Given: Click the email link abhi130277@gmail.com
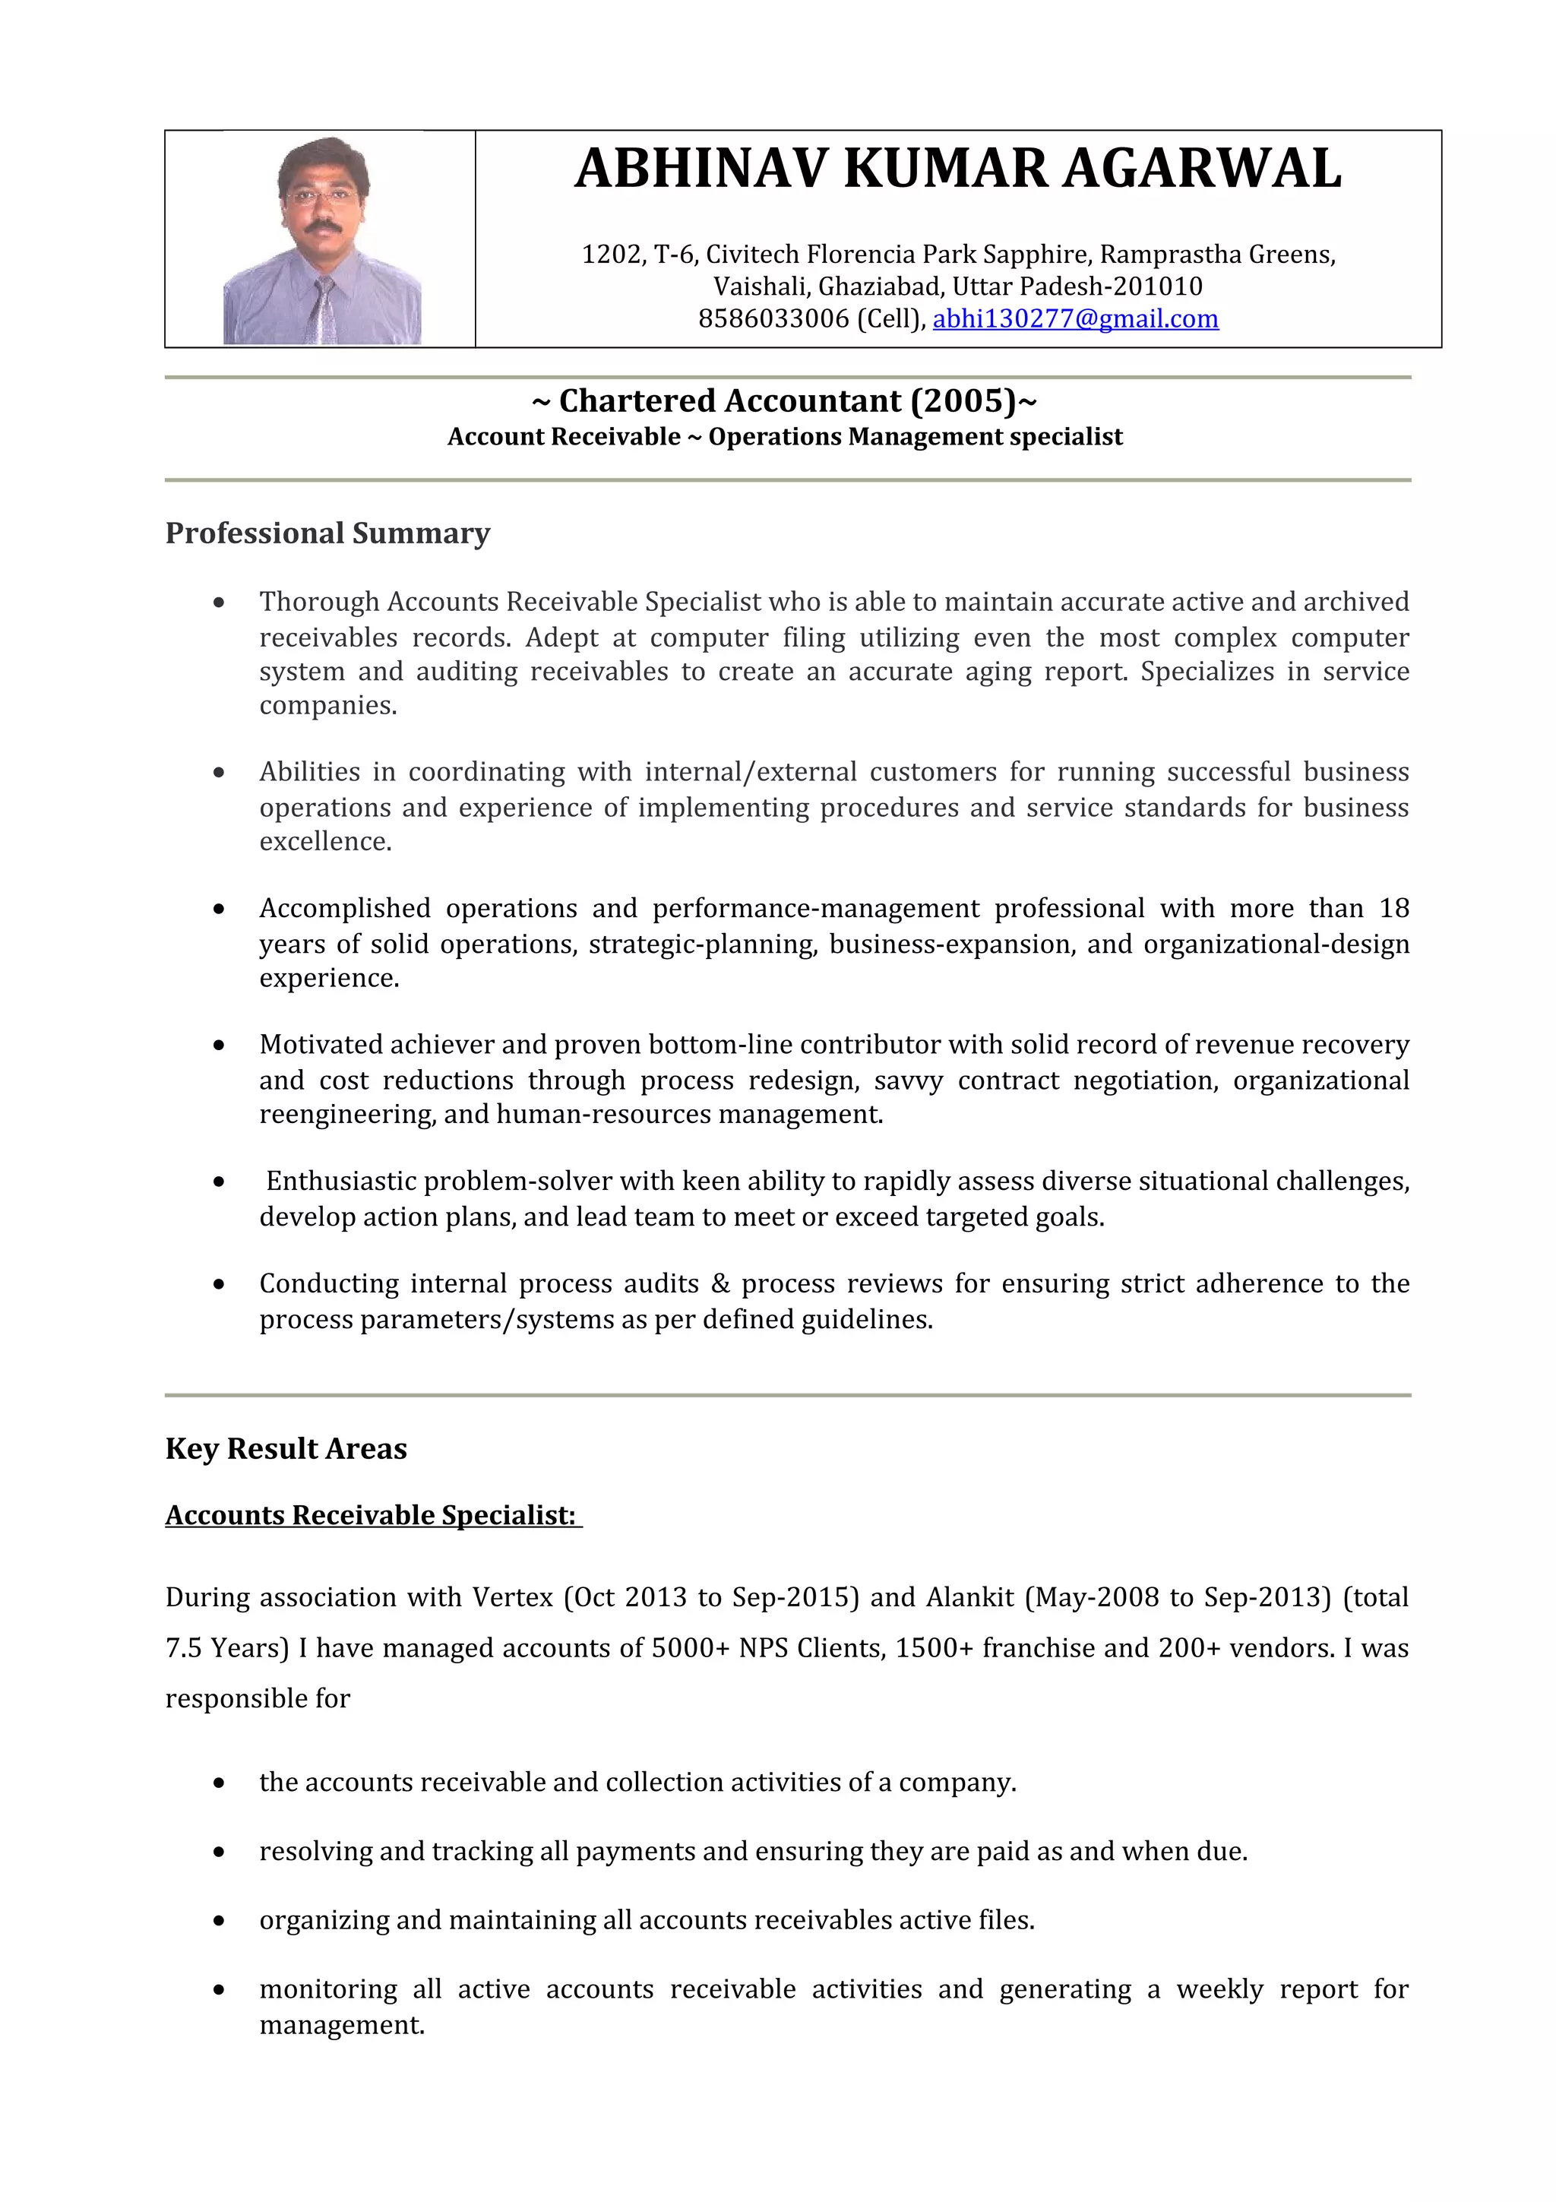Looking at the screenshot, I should tap(1075, 318).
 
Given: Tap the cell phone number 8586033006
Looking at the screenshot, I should tap(773, 318).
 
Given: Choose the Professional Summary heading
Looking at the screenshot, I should tap(327, 533).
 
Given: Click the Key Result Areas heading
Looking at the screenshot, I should tap(286, 1448).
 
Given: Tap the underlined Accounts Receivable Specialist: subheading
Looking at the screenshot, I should tap(371, 1515).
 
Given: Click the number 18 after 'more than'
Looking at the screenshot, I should tap(1393, 908).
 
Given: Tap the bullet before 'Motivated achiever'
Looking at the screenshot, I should tap(220, 1046).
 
